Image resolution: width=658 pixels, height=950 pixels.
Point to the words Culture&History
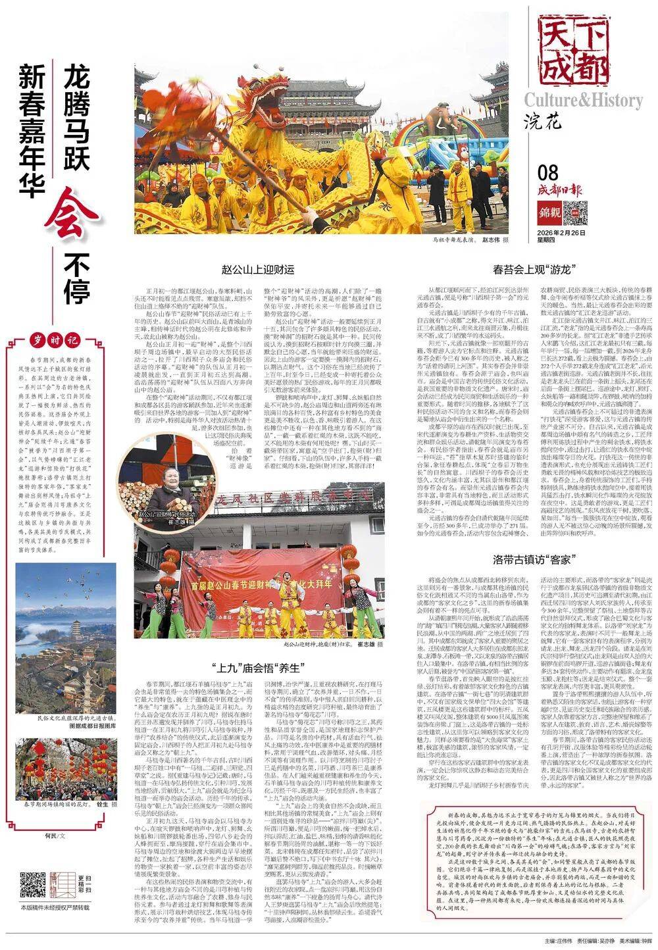pos(583,101)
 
